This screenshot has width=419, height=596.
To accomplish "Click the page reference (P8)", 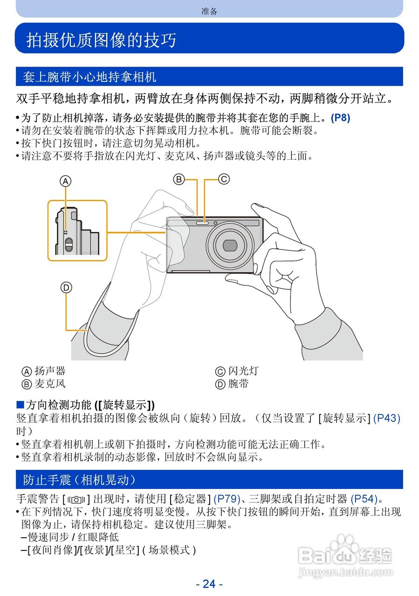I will (x=340, y=118).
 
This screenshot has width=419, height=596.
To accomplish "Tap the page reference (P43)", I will (x=388, y=418).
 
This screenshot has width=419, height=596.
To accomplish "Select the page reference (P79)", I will (x=226, y=499).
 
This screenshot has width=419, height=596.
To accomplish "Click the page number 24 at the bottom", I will (x=209, y=583).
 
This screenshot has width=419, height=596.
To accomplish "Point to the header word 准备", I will (x=209, y=11).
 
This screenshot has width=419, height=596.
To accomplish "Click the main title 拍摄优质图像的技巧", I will (x=101, y=40).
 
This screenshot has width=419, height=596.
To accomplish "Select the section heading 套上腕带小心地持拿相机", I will (x=89, y=77).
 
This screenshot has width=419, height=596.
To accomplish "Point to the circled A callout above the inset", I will (x=66, y=181).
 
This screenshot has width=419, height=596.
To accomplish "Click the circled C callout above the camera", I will (x=224, y=179).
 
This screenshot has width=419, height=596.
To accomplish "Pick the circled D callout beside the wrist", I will (x=66, y=288).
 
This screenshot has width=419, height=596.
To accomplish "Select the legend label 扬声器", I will (x=50, y=371).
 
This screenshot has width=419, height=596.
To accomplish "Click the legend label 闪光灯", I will (x=243, y=371).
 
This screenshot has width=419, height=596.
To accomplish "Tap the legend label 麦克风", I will (x=50, y=384).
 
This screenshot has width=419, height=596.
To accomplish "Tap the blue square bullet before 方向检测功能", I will (x=20, y=404).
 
